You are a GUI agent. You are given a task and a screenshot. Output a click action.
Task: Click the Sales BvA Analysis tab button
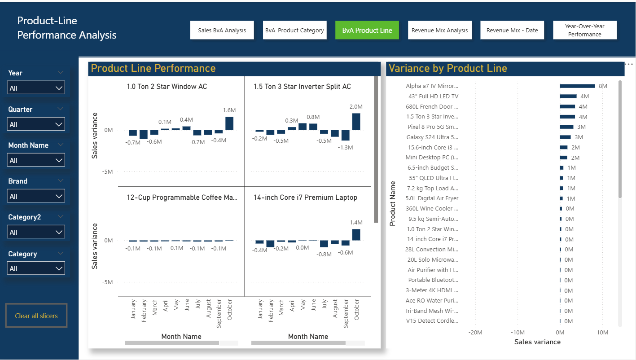click(222, 31)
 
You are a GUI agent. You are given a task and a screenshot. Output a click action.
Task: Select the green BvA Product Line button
click(367, 31)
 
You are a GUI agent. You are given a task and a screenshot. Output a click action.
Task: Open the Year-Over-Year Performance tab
click(584, 31)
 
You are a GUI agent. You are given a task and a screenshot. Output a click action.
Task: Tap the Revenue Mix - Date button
click(512, 31)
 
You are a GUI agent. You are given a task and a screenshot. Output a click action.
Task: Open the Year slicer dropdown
click(36, 88)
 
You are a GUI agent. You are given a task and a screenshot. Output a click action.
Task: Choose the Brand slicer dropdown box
click(36, 196)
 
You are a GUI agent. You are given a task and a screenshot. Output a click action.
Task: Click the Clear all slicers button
click(36, 316)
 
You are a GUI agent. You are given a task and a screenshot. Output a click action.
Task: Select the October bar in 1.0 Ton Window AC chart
click(229, 123)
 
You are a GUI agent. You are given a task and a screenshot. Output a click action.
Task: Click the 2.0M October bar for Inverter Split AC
click(356, 122)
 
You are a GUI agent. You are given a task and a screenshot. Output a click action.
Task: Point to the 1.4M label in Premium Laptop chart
click(355, 222)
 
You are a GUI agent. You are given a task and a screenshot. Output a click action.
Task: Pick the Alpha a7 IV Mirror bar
click(577, 86)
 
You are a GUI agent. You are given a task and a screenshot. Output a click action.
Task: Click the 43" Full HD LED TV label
click(433, 96)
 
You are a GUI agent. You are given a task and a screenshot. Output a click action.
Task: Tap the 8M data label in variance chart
click(603, 86)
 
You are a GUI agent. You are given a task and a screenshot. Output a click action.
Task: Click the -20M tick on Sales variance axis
click(475, 333)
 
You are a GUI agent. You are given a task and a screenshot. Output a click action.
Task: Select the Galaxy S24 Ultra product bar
click(565, 137)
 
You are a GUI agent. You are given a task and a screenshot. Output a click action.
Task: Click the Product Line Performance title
click(153, 68)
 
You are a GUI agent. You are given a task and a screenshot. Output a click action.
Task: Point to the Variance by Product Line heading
click(447, 68)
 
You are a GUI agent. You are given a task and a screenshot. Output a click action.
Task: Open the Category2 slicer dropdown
click(36, 232)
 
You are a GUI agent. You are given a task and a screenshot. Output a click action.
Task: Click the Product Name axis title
click(393, 203)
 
